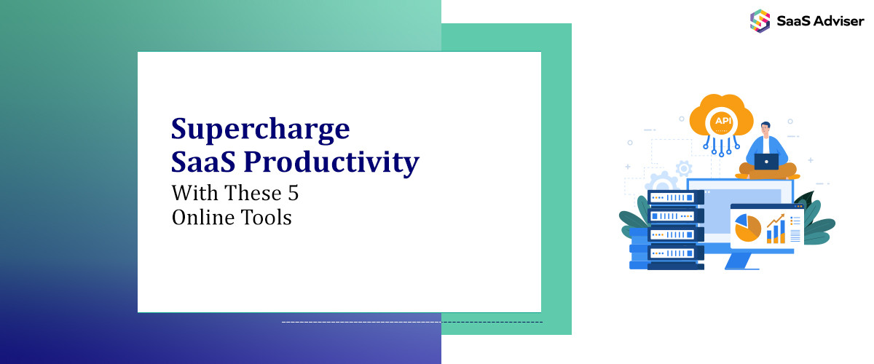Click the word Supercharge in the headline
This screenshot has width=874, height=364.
point(260,130)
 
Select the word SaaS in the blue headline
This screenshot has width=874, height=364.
point(203,162)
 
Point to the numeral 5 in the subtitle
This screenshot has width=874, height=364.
point(294,193)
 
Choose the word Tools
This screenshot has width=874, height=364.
point(266,217)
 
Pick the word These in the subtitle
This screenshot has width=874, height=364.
point(253,193)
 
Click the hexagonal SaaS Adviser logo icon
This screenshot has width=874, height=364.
point(760,21)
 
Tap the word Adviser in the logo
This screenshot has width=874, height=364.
point(839,21)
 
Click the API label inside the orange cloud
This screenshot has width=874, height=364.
point(723,121)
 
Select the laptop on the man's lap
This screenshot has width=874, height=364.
point(766,162)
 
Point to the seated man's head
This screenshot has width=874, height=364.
point(765,129)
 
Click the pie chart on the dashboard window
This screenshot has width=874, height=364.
point(747,227)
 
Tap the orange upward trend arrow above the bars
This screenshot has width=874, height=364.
point(776,221)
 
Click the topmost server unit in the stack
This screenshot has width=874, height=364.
point(675,197)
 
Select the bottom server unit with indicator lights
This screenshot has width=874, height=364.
point(675,253)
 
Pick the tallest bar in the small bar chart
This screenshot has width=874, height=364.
point(782,232)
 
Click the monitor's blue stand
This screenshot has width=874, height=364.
point(739,261)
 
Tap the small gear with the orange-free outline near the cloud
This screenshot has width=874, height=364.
point(684,169)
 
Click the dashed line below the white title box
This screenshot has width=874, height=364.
point(412,323)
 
